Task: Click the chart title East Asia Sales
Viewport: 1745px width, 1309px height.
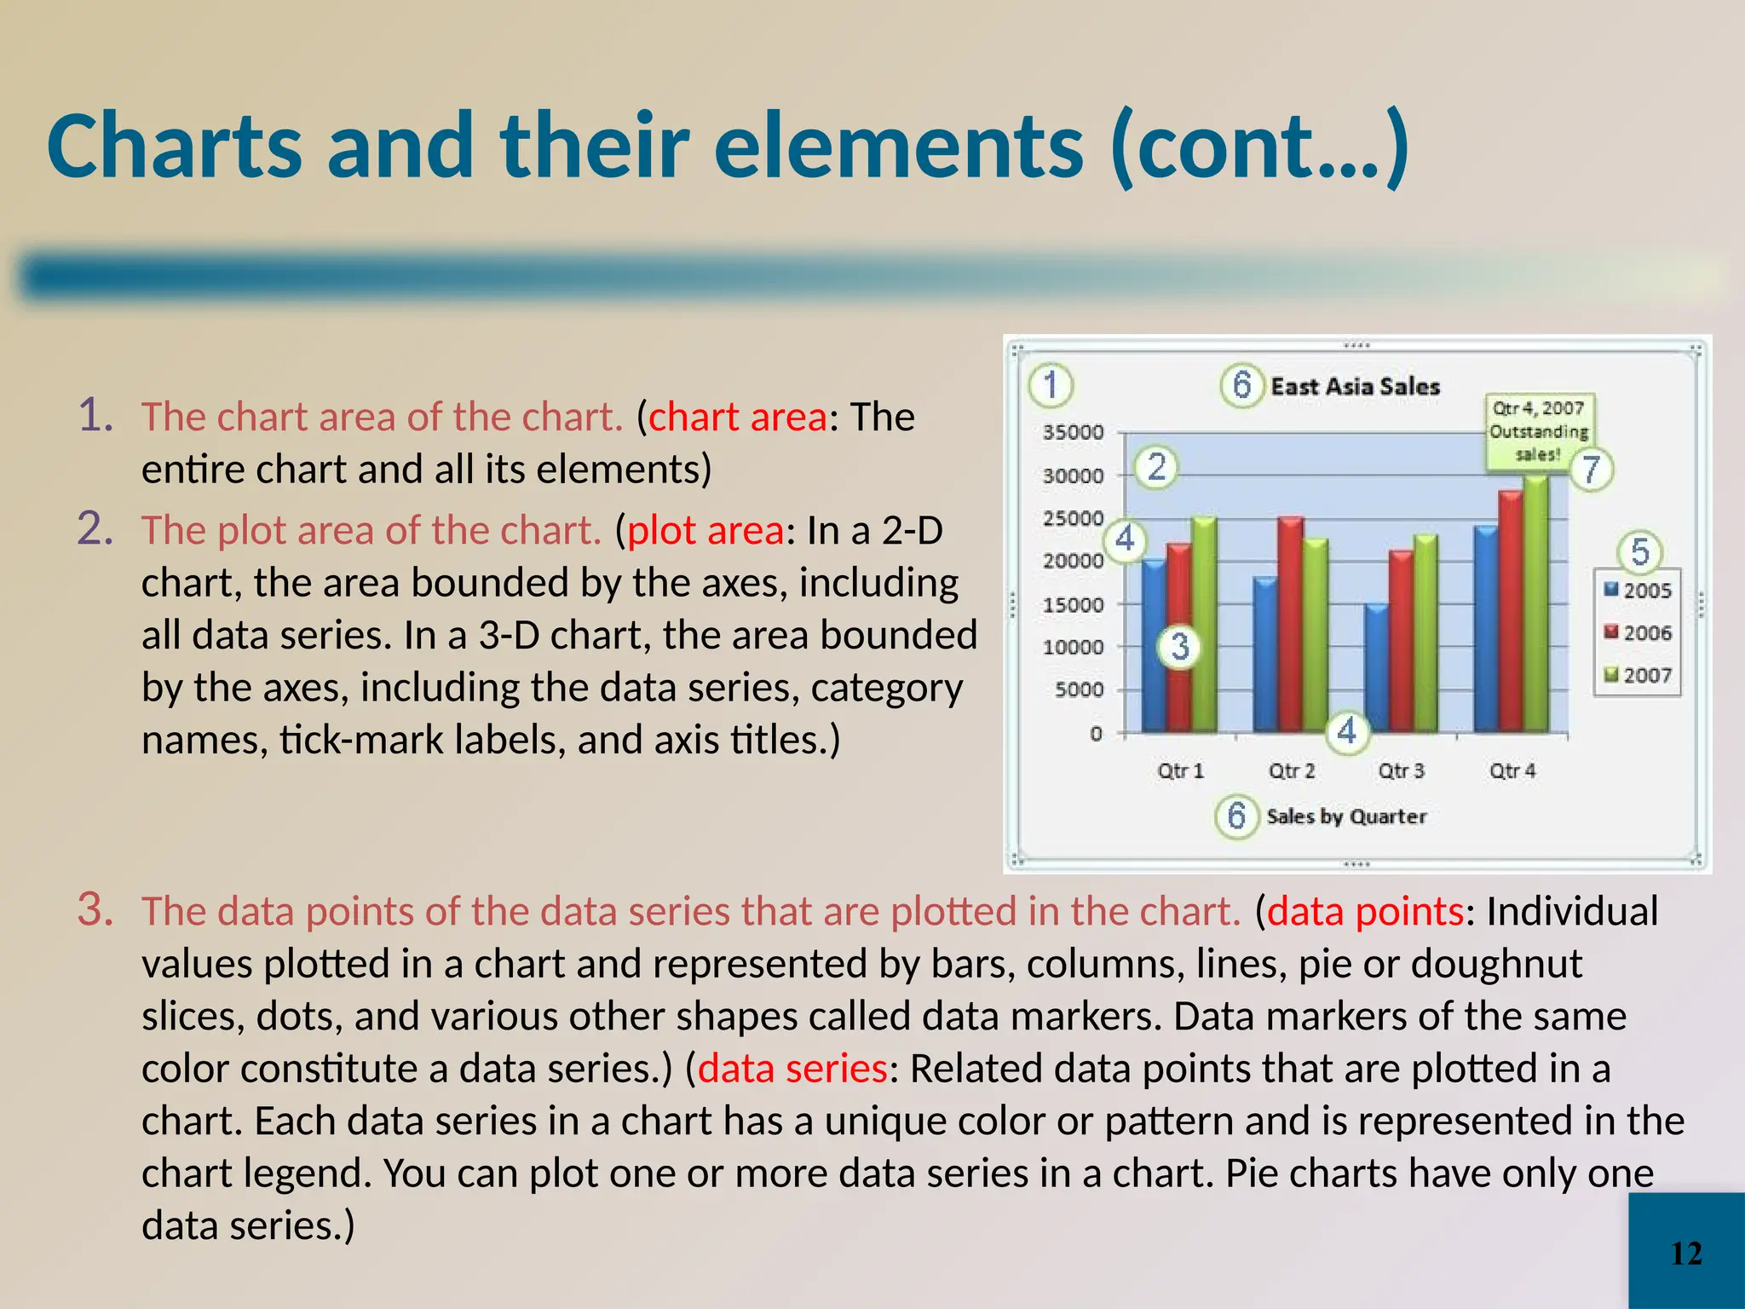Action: (1355, 386)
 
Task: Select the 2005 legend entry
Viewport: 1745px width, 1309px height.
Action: (1638, 590)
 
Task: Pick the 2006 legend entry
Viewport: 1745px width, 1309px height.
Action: (1638, 632)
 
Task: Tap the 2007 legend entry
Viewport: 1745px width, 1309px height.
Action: (1638, 675)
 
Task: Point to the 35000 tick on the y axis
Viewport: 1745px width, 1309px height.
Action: (1073, 432)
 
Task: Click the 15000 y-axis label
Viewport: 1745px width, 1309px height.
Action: (1073, 604)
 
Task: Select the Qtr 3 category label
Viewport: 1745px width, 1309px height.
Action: (1401, 770)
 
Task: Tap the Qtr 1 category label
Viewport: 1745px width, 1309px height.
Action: (1180, 770)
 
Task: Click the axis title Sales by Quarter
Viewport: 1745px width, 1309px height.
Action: (1346, 816)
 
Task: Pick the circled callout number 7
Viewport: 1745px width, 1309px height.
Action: (1591, 469)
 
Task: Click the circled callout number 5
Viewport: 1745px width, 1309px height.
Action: (1639, 551)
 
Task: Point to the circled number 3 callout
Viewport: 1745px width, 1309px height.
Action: (1179, 647)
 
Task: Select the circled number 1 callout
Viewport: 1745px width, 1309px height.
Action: (1051, 384)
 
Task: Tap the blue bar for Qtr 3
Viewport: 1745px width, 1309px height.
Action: (1375, 669)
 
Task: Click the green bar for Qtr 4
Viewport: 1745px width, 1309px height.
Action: (1535, 605)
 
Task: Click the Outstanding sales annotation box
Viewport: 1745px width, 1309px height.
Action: (1539, 431)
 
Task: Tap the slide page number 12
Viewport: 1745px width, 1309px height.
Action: (1686, 1254)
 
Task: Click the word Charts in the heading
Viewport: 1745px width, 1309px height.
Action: (175, 146)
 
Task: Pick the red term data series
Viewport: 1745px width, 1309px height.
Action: (792, 1069)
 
